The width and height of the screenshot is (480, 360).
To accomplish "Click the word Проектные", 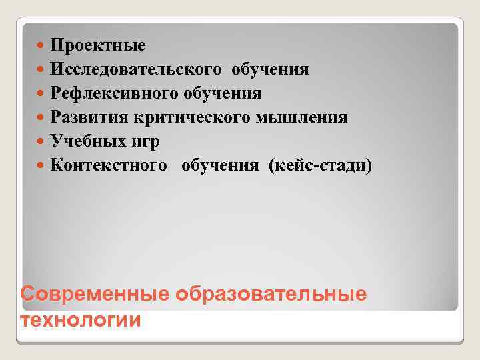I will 97,46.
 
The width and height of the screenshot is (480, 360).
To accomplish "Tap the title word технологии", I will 81,319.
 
